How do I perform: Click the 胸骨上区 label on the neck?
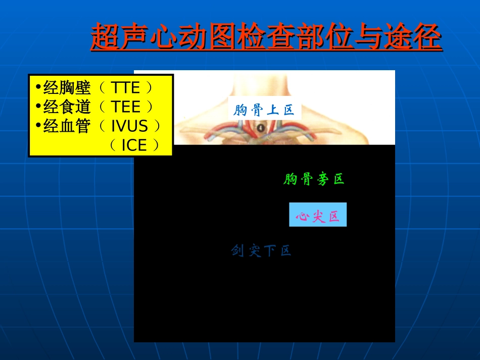pyautogui.click(x=264, y=109)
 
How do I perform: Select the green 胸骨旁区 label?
pyautogui.click(x=314, y=179)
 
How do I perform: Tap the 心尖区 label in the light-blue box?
pyautogui.click(x=318, y=217)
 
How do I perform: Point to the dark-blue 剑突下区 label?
pyautogui.click(x=261, y=250)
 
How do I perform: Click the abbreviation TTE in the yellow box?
pyautogui.click(x=126, y=88)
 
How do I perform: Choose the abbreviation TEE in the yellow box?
pyautogui.click(x=126, y=107)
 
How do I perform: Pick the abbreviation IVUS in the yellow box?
pyautogui.click(x=130, y=126)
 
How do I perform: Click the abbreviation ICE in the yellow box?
pyautogui.click(x=134, y=145)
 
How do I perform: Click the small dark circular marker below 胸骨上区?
pyautogui.click(x=260, y=128)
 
